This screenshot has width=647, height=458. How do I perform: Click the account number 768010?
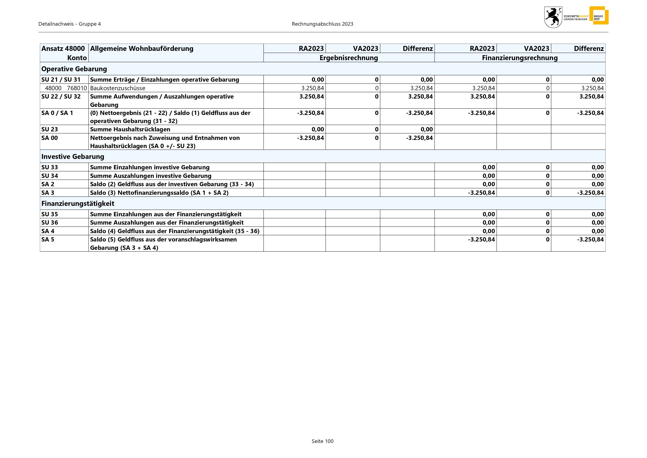[77, 88]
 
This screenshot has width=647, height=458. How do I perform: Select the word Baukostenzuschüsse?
[118, 88]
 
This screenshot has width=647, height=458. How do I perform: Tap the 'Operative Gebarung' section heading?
[74, 69]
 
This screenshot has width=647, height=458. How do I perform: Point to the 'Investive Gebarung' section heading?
[73, 157]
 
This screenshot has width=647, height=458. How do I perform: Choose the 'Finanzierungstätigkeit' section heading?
[78, 203]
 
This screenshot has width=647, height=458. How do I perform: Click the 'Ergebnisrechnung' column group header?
[349, 58]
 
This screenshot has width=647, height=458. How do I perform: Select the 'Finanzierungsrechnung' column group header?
[520, 58]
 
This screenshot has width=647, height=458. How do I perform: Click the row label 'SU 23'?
[50, 129]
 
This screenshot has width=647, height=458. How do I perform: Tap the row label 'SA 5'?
[48, 239]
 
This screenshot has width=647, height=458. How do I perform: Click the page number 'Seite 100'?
[322, 441]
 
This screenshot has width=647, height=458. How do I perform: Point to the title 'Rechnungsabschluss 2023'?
[322, 24]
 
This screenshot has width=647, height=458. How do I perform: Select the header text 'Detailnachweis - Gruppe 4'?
[70, 24]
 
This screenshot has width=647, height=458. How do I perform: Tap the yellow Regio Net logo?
[599, 15]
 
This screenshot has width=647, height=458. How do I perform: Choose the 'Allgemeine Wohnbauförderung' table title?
[142, 49]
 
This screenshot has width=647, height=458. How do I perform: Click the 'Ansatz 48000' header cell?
[63, 49]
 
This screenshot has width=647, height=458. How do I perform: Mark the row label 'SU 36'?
[50, 223]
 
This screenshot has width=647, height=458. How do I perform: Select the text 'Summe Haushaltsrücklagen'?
[130, 129]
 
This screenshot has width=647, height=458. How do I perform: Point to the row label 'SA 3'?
[48, 193]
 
